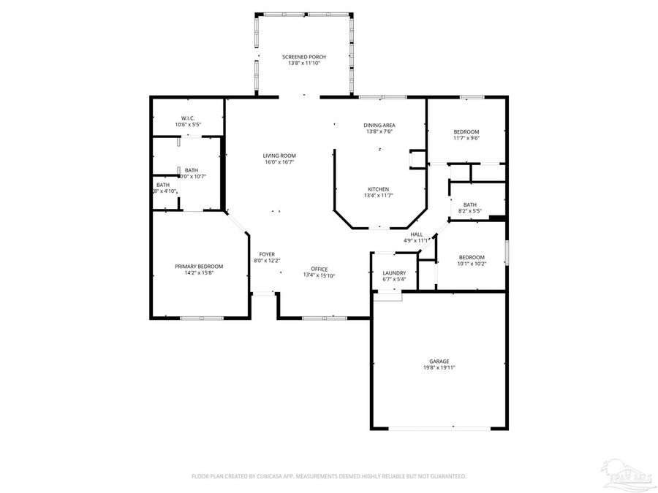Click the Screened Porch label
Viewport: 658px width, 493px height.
pyautogui.click(x=304, y=57)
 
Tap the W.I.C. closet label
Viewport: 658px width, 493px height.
pyautogui.click(x=187, y=118)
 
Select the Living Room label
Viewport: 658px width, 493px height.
pyautogui.click(x=279, y=156)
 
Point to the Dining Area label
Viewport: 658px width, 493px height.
pyautogui.click(x=379, y=126)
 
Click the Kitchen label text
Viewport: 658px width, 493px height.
pyautogui.click(x=379, y=189)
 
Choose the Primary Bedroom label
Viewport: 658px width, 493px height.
pyautogui.click(x=199, y=267)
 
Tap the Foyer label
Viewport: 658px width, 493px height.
pyautogui.click(x=267, y=254)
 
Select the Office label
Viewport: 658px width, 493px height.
pyautogui.click(x=319, y=269)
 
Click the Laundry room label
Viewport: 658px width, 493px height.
pyautogui.click(x=394, y=273)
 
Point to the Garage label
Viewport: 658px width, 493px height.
pyautogui.click(x=439, y=362)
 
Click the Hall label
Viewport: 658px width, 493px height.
pyautogui.click(x=417, y=234)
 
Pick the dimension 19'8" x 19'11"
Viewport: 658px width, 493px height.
pyautogui.click(x=439, y=368)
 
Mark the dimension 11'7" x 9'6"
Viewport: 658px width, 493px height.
pyautogui.click(x=466, y=138)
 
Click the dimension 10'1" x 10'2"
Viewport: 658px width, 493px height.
pyautogui.click(x=472, y=264)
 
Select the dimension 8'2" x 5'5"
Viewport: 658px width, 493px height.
pyautogui.click(x=469, y=211)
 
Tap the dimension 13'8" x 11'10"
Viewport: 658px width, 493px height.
pyautogui.click(x=304, y=64)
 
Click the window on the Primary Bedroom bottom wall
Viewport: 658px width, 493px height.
pyautogui.click(x=202, y=318)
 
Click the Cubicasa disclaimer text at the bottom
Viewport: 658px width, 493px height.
pyautogui.click(x=328, y=476)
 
